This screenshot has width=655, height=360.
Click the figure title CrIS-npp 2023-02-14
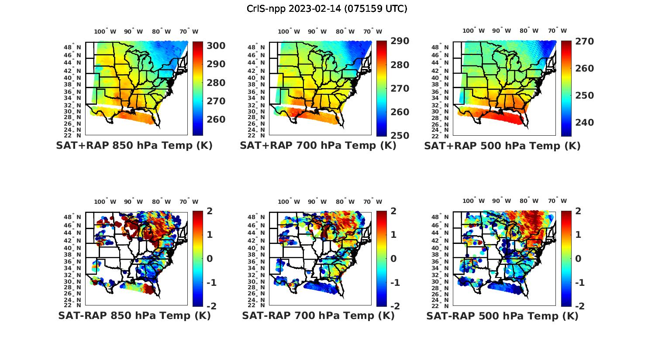click(327, 9)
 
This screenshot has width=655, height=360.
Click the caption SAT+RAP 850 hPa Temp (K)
click(134, 146)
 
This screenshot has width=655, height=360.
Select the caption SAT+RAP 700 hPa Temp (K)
click(318, 146)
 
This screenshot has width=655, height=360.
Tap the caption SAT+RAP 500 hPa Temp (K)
click(502, 146)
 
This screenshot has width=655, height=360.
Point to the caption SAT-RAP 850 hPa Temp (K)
click(134, 315)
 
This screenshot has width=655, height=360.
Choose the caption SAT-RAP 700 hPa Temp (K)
click(318, 315)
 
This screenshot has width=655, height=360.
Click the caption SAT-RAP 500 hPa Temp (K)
click(502, 315)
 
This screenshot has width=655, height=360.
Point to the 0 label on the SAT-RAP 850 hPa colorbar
click(209, 259)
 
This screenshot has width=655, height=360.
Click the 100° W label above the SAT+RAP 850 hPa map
click(105, 31)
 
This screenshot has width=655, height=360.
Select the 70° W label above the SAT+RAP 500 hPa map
click(557, 31)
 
